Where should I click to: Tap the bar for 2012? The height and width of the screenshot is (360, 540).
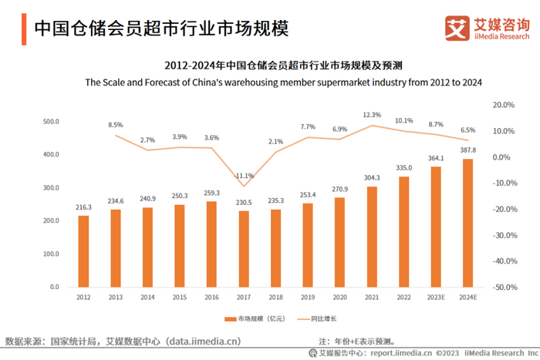83,251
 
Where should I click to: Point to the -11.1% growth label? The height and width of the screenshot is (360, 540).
245,175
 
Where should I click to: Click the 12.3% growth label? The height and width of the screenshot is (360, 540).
372,115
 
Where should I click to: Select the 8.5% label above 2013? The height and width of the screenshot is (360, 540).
116,125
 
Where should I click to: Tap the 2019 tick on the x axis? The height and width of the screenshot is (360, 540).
308,296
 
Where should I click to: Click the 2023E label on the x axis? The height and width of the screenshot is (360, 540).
436,296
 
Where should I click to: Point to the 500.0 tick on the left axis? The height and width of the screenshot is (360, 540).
51,122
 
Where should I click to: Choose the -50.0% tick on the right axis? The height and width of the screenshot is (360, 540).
504,287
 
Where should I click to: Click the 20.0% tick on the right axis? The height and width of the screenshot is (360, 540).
504,105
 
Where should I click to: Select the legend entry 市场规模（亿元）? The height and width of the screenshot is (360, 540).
255,318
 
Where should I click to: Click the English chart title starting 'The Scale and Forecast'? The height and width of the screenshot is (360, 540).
283,83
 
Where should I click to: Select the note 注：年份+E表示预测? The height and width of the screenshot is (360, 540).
357,340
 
